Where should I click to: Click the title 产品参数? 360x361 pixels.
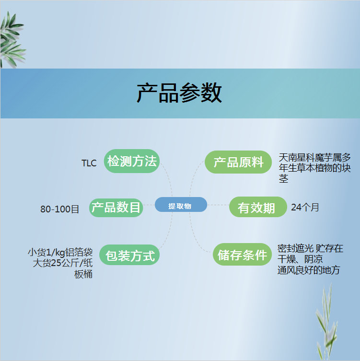[x=179, y=93]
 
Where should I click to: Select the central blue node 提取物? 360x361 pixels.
[x=181, y=204]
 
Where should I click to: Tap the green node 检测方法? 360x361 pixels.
[x=132, y=161]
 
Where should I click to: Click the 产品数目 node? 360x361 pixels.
[x=116, y=208]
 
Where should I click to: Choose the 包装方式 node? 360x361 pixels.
[x=129, y=255]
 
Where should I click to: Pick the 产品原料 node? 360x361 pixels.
[x=238, y=162]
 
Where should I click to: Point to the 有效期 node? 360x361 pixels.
[x=258, y=207]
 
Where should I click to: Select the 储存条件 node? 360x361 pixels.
[x=242, y=254]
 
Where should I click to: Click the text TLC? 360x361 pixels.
[x=89, y=163]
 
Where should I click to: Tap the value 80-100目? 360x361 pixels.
[x=59, y=209]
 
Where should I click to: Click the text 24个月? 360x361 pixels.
[x=305, y=207]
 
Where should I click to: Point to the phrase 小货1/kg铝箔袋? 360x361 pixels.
[x=60, y=252]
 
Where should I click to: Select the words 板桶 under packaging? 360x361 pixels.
[x=83, y=274]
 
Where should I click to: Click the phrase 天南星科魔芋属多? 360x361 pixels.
[x=314, y=158]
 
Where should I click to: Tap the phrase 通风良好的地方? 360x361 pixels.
[x=309, y=270]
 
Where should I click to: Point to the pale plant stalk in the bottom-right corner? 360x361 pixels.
[x=326, y=322]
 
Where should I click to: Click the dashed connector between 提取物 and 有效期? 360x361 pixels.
[x=218, y=205]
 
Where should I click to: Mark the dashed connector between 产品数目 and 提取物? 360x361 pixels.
[x=149, y=205]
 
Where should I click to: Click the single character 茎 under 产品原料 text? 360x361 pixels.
[x=283, y=179]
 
